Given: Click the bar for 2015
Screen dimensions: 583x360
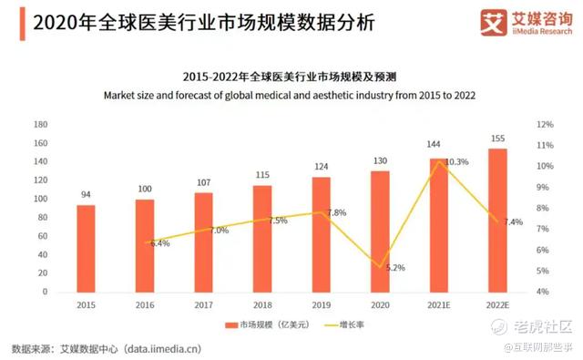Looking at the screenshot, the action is point(86,249).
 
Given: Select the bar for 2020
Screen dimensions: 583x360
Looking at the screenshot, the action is point(380,231).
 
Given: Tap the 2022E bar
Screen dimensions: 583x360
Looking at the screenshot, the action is point(497,221).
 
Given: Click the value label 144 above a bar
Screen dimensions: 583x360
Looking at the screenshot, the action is point(434,144).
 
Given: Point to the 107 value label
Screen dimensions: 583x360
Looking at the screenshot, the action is point(204,182).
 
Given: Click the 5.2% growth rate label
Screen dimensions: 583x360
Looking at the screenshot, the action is point(395,268).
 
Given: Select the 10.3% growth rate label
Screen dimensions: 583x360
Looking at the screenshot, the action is point(457,162).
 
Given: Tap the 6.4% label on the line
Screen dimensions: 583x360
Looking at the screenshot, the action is point(160,243).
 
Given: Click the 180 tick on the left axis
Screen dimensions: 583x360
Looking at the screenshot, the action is point(40,125).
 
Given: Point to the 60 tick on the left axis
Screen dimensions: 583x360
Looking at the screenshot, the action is point(43,236).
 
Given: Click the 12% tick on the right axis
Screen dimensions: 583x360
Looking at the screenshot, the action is point(545,125).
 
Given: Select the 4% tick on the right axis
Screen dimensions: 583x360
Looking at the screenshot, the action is point(543,292).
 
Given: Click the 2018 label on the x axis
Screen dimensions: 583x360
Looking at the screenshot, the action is point(262,305).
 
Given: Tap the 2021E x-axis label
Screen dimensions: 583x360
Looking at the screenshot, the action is point(439,305).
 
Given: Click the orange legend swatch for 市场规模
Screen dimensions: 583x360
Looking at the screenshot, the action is point(231,325).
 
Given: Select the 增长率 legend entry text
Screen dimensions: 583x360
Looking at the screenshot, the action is point(352,324).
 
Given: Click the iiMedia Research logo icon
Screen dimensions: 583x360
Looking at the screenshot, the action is point(494,22).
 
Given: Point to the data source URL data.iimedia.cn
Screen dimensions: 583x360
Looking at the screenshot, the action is point(162,349).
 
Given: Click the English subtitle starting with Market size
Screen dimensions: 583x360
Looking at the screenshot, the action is point(290,96).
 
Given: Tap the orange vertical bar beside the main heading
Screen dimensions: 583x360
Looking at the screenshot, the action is point(22,24).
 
